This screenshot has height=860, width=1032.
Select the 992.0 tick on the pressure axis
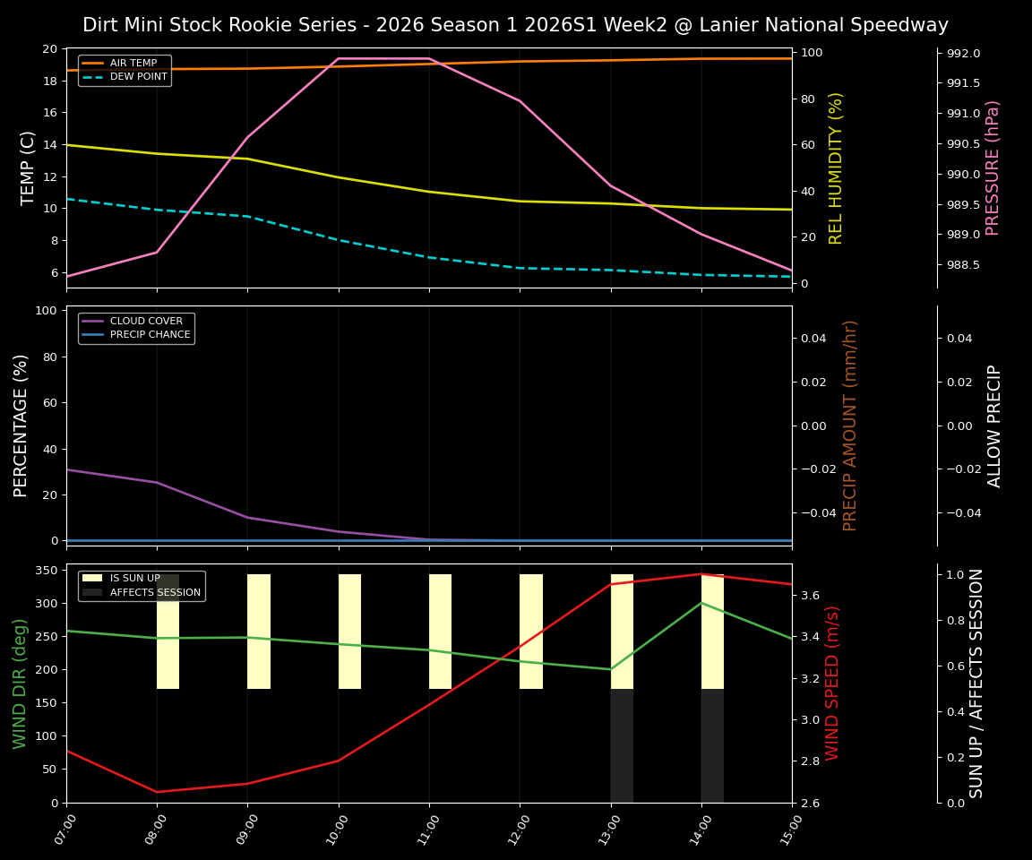pyautogui.click(x=958, y=54)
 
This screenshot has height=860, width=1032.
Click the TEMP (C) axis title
pyautogui.click(x=29, y=168)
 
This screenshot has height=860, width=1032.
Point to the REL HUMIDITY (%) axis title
pyautogui.click(x=836, y=168)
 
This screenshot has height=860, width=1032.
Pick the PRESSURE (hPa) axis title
pyautogui.click(x=992, y=168)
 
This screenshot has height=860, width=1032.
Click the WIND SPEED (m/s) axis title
pyautogui.click(x=832, y=683)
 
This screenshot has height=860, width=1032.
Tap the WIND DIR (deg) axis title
pyautogui.click(x=20, y=683)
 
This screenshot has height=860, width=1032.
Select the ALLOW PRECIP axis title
pyautogui.click(x=994, y=426)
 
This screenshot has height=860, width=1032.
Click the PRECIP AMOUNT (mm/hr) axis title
pyautogui.click(x=850, y=426)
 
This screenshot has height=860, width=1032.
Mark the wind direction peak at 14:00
pyautogui.click(x=701, y=603)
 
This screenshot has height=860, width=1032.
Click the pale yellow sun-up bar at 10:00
pyautogui.click(x=349, y=632)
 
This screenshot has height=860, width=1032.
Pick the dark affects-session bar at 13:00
pyautogui.click(x=622, y=745)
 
